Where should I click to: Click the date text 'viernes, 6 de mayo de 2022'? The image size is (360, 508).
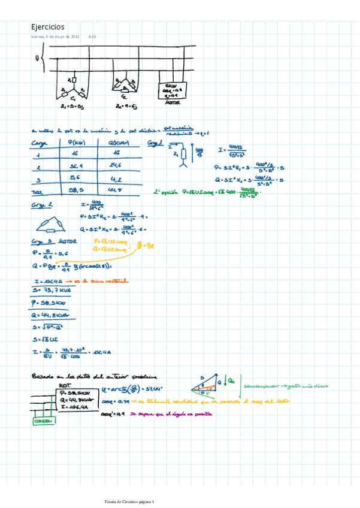pyautogui.click(x=55, y=37)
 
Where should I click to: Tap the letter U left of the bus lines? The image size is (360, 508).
pyautogui.click(x=37, y=58)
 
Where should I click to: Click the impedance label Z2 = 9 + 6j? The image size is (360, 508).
pyautogui.click(x=126, y=107)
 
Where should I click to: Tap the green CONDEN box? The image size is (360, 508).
pyautogui.click(x=43, y=421)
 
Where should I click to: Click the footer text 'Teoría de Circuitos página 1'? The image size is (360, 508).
pyautogui.click(x=129, y=501)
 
